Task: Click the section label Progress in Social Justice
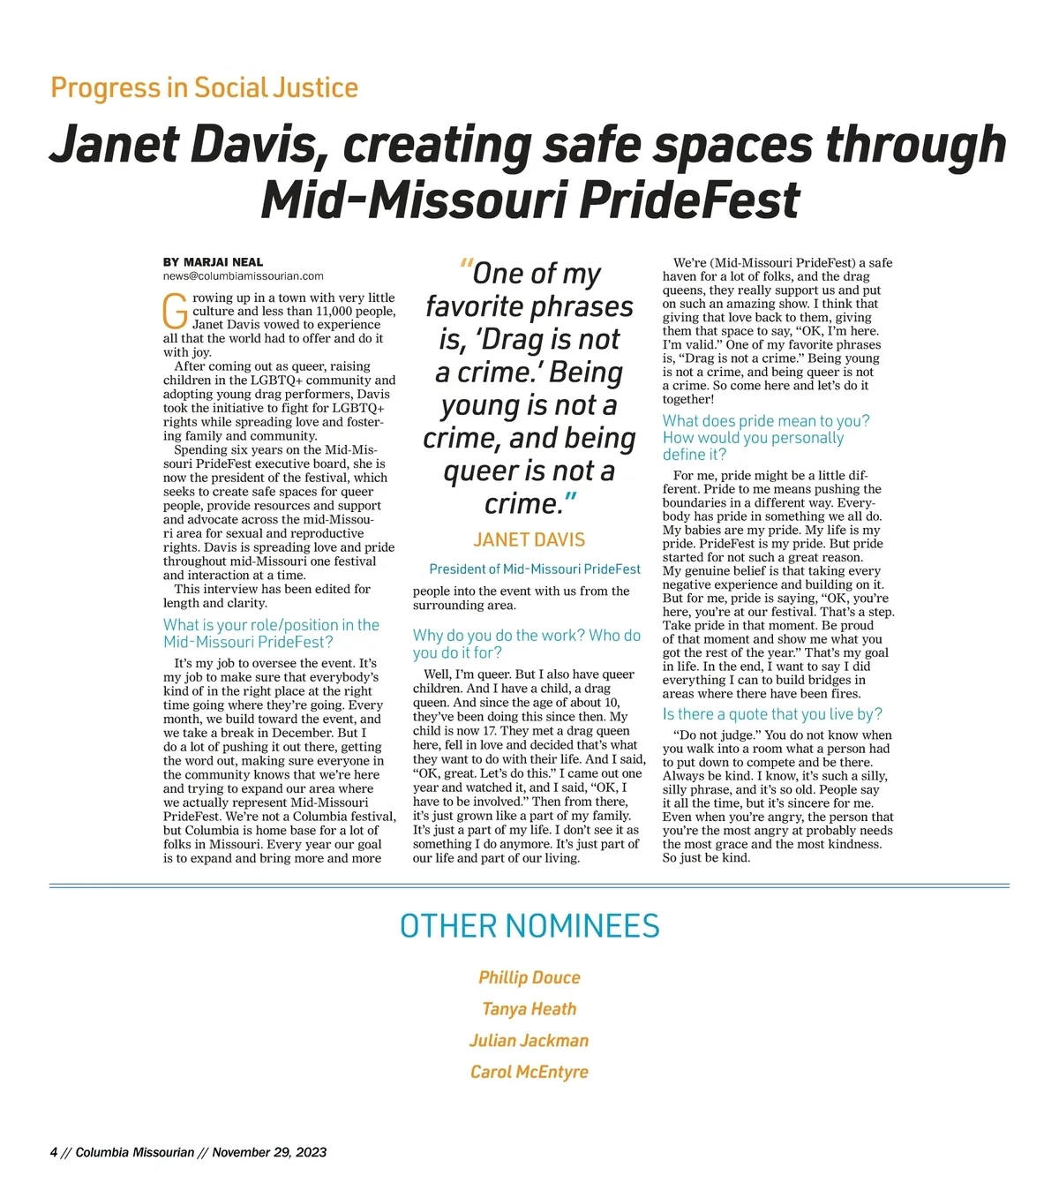pyautogui.click(x=204, y=88)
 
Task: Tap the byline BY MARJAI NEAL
pyautogui.click(x=213, y=262)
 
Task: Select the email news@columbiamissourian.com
pyautogui.click(x=243, y=275)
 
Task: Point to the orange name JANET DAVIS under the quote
pyautogui.click(x=529, y=539)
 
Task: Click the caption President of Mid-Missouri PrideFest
pyautogui.click(x=535, y=569)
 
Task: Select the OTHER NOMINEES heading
pyautogui.click(x=529, y=926)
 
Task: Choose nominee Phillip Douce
pyautogui.click(x=529, y=977)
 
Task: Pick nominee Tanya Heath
pyautogui.click(x=529, y=1009)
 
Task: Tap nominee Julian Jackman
pyautogui.click(x=529, y=1041)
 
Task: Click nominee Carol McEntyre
pyautogui.click(x=529, y=1072)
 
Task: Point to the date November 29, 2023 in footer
pyautogui.click(x=269, y=1152)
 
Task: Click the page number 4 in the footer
pyautogui.click(x=54, y=1152)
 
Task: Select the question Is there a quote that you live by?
pyautogui.click(x=772, y=714)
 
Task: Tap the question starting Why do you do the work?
pyautogui.click(x=527, y=644)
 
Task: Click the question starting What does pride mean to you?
pyautogui.click(x=766, y=438)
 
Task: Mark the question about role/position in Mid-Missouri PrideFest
pyautogui.click(x=271, y=633)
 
